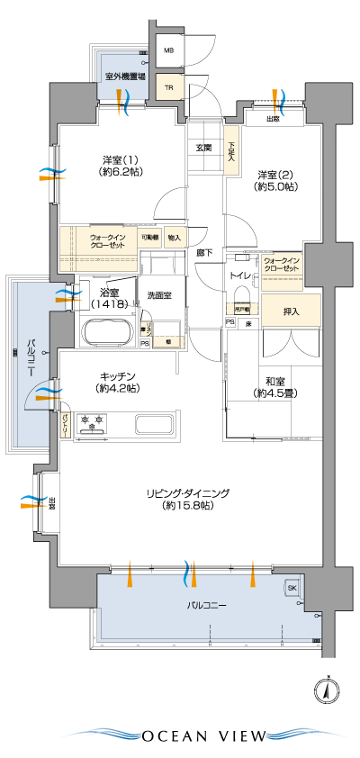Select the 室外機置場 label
click(125, 77)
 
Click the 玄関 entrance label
click(202, 147)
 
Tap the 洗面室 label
click(160, 294)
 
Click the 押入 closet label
click(291, 311)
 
